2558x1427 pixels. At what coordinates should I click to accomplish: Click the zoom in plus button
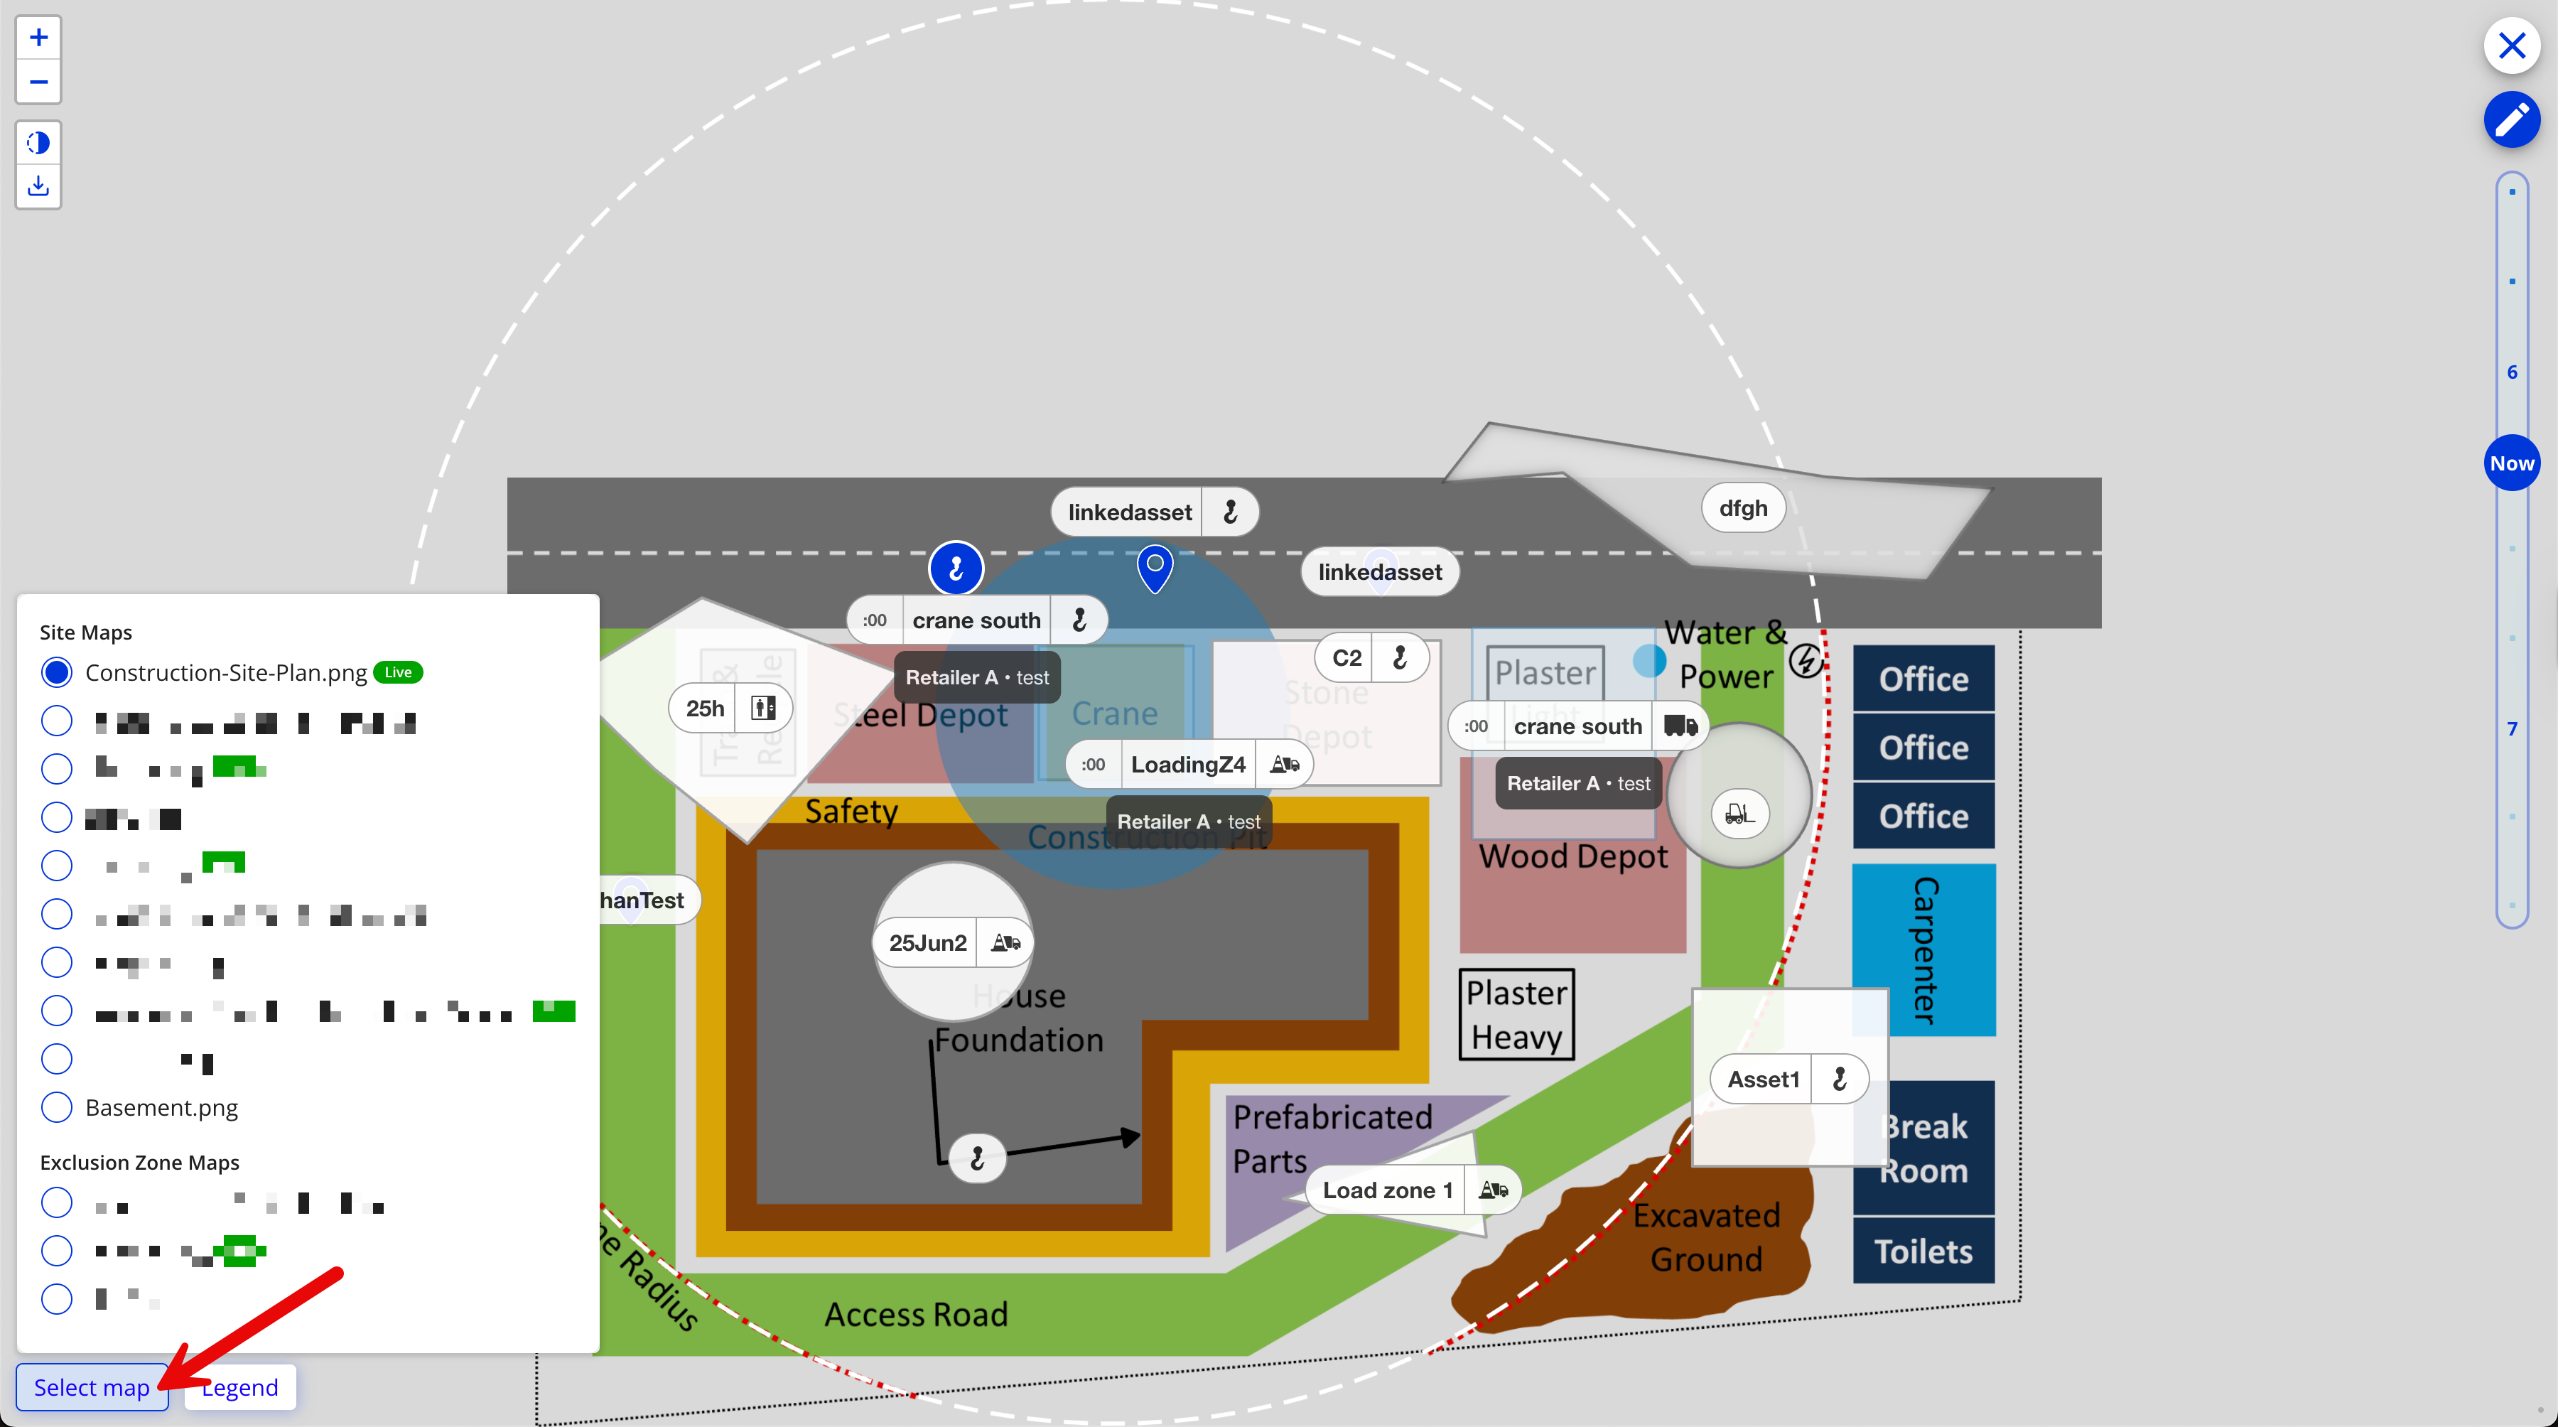click(x=39, y=38)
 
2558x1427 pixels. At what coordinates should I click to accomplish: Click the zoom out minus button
click(x=39, y=82)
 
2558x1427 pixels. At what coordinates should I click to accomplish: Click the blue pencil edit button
click(x=2511, y=120)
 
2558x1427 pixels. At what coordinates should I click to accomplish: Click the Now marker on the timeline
click(x=2511, y=463)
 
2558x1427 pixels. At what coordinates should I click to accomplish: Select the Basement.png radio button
click(x=57, y=1107)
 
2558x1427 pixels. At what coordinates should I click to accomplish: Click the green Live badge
click(x=398, y=672)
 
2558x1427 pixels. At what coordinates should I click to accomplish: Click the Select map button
click(x=92, y=1387)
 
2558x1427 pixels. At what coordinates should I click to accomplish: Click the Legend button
click(x=240, y=1387)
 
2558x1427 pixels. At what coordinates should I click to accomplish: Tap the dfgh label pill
click(x=1743, y=508)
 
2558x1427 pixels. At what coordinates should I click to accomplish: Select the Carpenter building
click(x=1923, y=950)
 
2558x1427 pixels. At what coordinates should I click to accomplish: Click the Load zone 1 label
click(x=1387, y=1190)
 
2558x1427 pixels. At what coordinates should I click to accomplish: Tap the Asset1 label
click(x=1763, y=1079)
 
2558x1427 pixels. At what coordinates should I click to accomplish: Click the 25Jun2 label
click(x=927, y=942)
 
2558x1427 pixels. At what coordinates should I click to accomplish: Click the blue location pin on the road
click(x=1155, y=566)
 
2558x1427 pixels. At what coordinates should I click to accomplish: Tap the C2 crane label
click(x=1347, y=657)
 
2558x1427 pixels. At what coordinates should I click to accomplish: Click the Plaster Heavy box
click(x=1516, y=1015)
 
